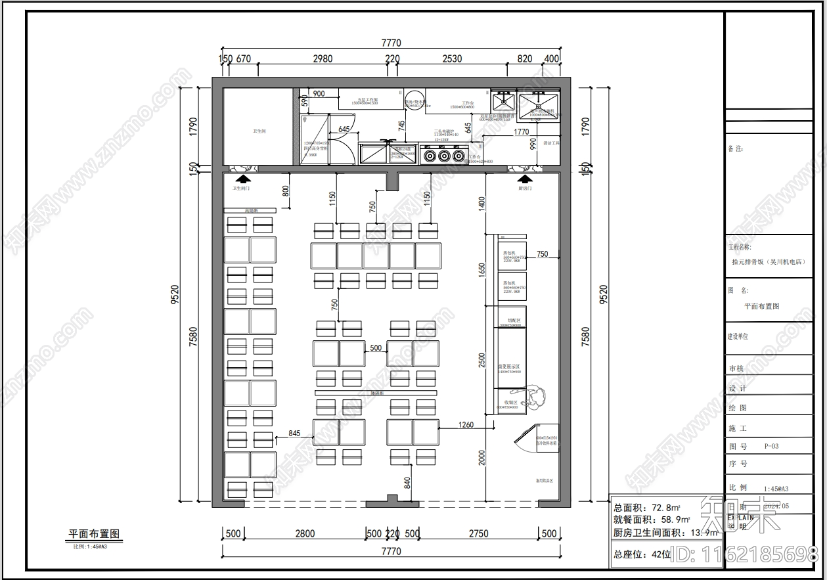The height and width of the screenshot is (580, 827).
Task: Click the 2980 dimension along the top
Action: point(322,58)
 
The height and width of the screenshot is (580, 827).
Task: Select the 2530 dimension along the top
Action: point(452,58)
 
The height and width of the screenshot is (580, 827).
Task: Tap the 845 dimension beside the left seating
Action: point(294,433)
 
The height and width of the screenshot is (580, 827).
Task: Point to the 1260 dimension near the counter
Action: point(465,425)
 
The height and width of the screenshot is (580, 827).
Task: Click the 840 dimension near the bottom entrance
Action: point(407,483)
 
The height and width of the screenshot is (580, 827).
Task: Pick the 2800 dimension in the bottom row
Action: point(305,533)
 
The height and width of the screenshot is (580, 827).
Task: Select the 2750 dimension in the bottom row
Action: point(478,533)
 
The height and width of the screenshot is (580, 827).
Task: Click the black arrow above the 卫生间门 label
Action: point(243,178)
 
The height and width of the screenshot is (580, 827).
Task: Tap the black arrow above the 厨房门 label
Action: point(524,178)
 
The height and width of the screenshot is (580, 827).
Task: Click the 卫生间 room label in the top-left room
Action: point(259,131)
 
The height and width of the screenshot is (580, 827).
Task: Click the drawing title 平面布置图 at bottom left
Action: point(95,533)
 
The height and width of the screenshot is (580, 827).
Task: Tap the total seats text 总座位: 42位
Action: point(642,554)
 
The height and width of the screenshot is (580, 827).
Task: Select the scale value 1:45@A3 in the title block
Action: point(776,489)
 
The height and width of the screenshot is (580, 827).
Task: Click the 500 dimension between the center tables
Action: point(376,348)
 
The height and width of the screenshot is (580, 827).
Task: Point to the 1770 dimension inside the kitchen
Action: point(521,132)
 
